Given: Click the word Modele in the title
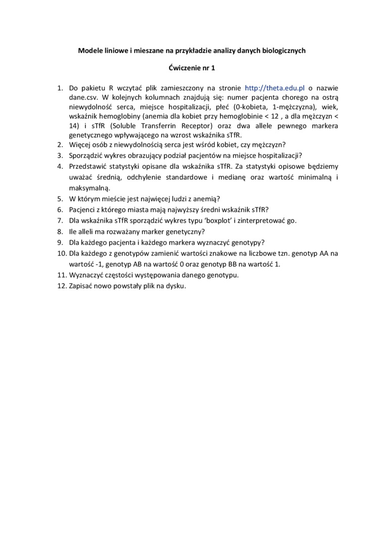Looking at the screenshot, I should pos(89,51).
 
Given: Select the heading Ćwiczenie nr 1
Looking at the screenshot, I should pos(191,68).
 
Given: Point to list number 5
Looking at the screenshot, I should pos(59,199).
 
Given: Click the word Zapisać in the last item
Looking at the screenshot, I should pos(81,286).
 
